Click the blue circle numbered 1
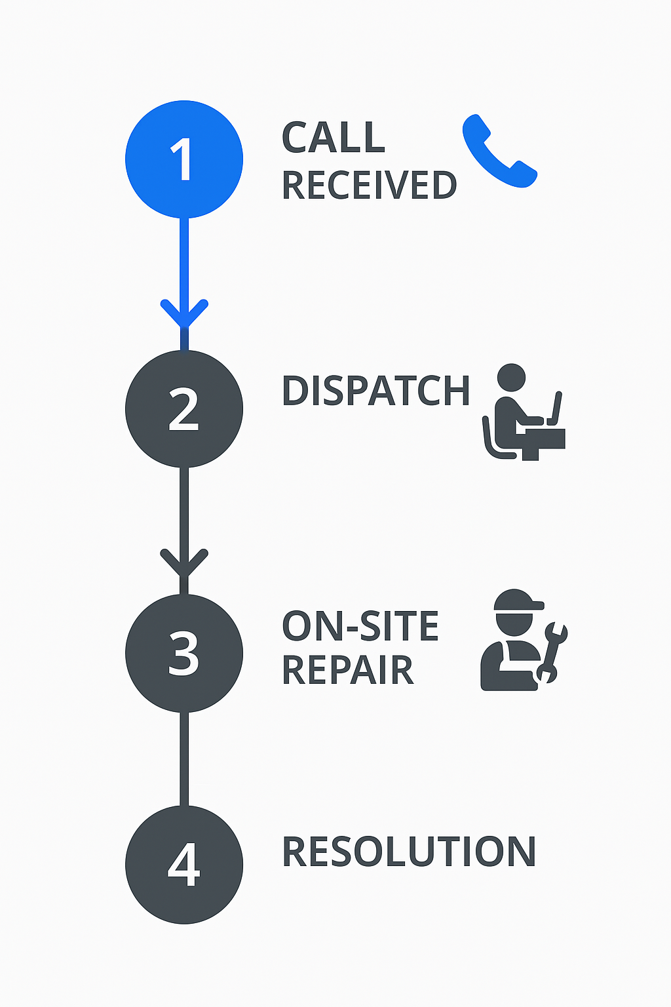pyautogui.click(x=184, y=159)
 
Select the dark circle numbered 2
pyautogui.click(x=184, y=409)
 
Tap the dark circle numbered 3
pyautogui.click(x=184, y=653)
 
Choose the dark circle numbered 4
pyautogui.click(x=184, y=865)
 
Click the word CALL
pyautogui.click(x=333, y=138)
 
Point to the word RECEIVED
pyautogui.click(x=369, y=186)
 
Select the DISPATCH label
pyautogui.click(x=375, y=391)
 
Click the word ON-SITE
pyautogui.click(x=360, y=626)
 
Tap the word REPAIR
pyautogui.click(x=347, y=670)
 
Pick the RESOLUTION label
pyautogui.click(x=409, y=852)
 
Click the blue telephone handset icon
pyautogui.click(x=499, y=152)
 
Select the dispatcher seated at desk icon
pyautogui.click(x=523, y=413)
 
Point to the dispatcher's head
pyautogui.click(x=511, y=378)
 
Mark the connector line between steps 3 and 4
pyautogui.click(x=184, y=759)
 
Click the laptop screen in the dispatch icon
pyautogui.click(x=557, y=409)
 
